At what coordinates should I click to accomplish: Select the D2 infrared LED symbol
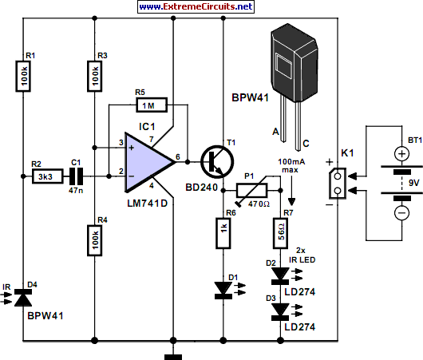280,276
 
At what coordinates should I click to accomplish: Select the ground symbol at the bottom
168,351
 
